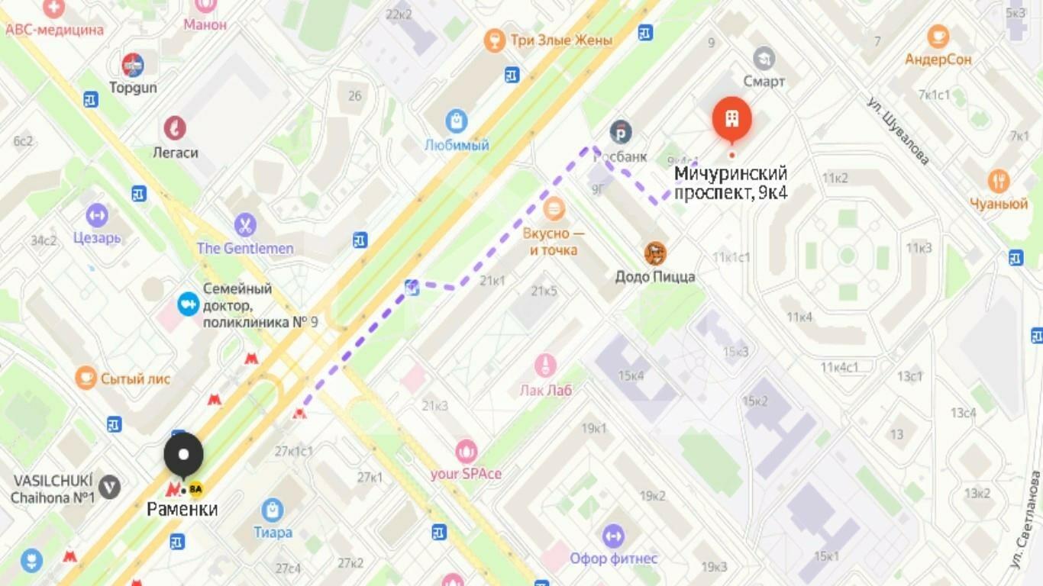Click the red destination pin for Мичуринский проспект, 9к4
(731, 119)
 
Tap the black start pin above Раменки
(184, 455)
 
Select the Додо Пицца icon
(654, 253)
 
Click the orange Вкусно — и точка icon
(554, 208)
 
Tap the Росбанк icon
(621, 132)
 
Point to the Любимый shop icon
(457, 121)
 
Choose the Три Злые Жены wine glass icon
(495, 40)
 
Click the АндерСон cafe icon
(938, 36)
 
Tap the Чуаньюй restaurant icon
(999, 181)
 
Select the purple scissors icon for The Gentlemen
(245, 225)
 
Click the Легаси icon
(175, 128)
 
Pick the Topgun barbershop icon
(133, 65)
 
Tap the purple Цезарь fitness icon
(97, 215)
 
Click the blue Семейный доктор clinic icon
(188, 304)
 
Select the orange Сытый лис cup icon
(86, 378)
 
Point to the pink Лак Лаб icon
(544, 366)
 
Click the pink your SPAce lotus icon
(466, 451)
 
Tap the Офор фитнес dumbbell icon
(613, 536)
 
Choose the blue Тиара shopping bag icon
(273, 510)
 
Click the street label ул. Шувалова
(899, 130)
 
